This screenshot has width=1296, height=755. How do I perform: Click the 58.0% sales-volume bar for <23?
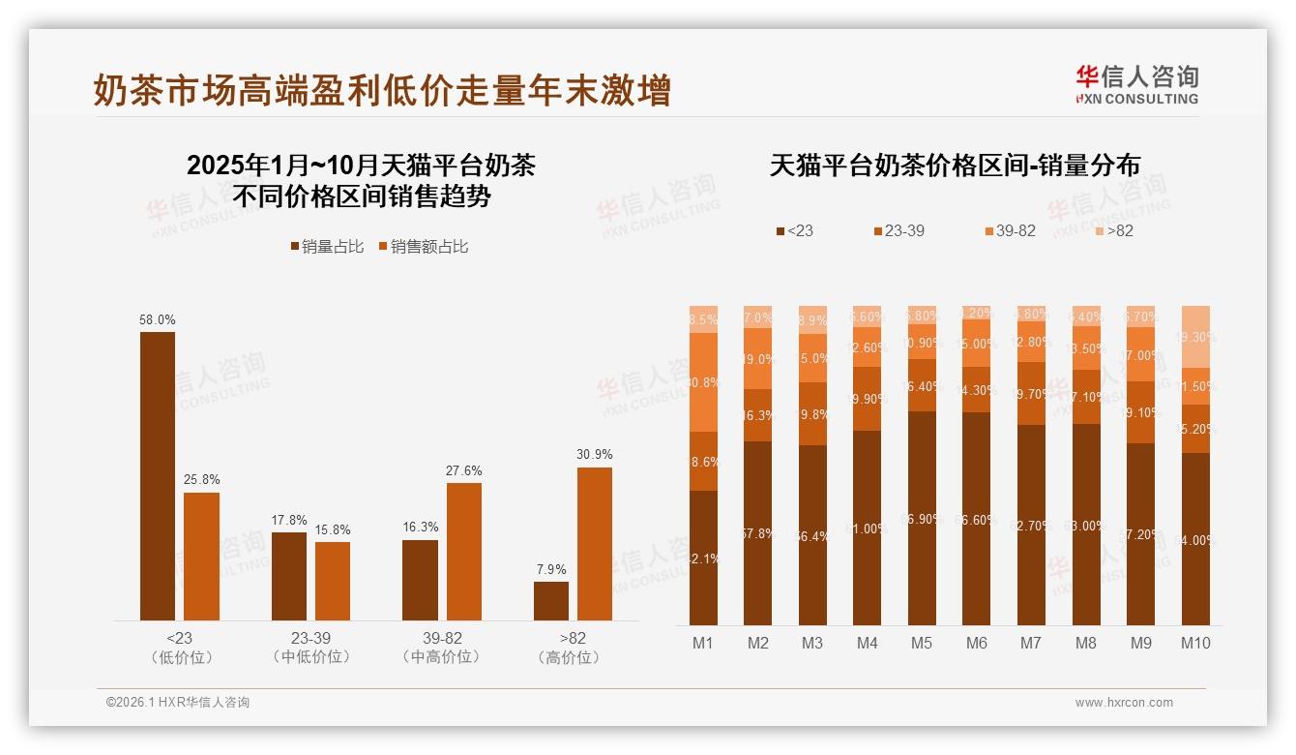coord(158,475)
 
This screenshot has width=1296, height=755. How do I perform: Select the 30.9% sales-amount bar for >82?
coord(595,543)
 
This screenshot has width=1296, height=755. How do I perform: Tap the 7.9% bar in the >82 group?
coord(551,600)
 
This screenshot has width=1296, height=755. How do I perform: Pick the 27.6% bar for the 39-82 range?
coord(464,551)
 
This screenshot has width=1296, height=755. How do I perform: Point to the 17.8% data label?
coord(289,521)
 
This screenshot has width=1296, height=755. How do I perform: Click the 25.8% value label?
coord(201,480)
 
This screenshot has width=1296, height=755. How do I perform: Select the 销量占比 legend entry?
coord(327,247)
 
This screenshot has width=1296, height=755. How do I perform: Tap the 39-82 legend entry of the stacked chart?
coord(1010,230)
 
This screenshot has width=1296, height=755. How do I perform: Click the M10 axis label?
coord(1195,643)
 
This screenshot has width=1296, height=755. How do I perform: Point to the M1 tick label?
coord(703,643)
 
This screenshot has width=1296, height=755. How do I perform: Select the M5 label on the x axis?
coord(922,643)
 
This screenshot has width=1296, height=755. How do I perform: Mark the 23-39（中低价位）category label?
coord(310,648)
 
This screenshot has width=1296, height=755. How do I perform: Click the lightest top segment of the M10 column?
coord(1196,337)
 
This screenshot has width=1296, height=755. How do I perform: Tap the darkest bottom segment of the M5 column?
coord(922,518)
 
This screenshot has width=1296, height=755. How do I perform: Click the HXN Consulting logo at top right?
coord(1136,84)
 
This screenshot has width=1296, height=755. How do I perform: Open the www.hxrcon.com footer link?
coord(1124,703)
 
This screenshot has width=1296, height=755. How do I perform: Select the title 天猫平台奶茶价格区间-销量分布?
coord(955,166)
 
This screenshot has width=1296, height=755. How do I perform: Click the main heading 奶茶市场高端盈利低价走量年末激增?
coord(382,91)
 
